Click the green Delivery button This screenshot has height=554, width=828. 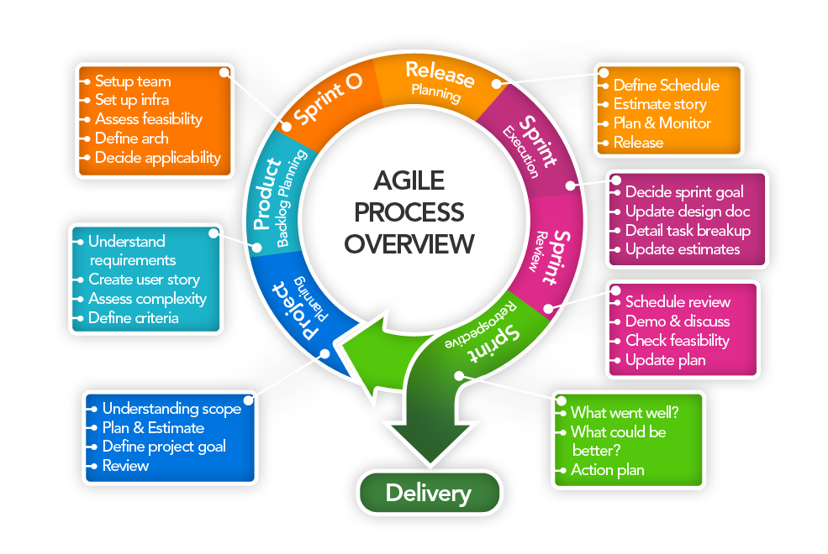429,493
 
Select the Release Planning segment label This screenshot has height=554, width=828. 437,82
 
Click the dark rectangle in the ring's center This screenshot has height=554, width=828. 409,212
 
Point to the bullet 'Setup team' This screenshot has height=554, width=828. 132,81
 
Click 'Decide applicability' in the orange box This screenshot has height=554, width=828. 157,157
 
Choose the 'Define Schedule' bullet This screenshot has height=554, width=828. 666,85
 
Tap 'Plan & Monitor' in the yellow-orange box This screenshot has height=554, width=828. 662,123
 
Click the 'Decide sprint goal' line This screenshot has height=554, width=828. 683,191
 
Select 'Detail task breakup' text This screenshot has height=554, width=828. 687,230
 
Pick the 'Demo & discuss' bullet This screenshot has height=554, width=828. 677,321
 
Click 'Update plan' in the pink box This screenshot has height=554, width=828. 665,360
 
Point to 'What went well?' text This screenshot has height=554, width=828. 625,412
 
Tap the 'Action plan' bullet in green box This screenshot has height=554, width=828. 607,470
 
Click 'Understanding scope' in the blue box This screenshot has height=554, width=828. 171,409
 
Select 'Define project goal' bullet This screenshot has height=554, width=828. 163,447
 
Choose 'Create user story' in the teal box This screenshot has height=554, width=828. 144,280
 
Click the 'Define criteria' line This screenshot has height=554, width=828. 133,318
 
